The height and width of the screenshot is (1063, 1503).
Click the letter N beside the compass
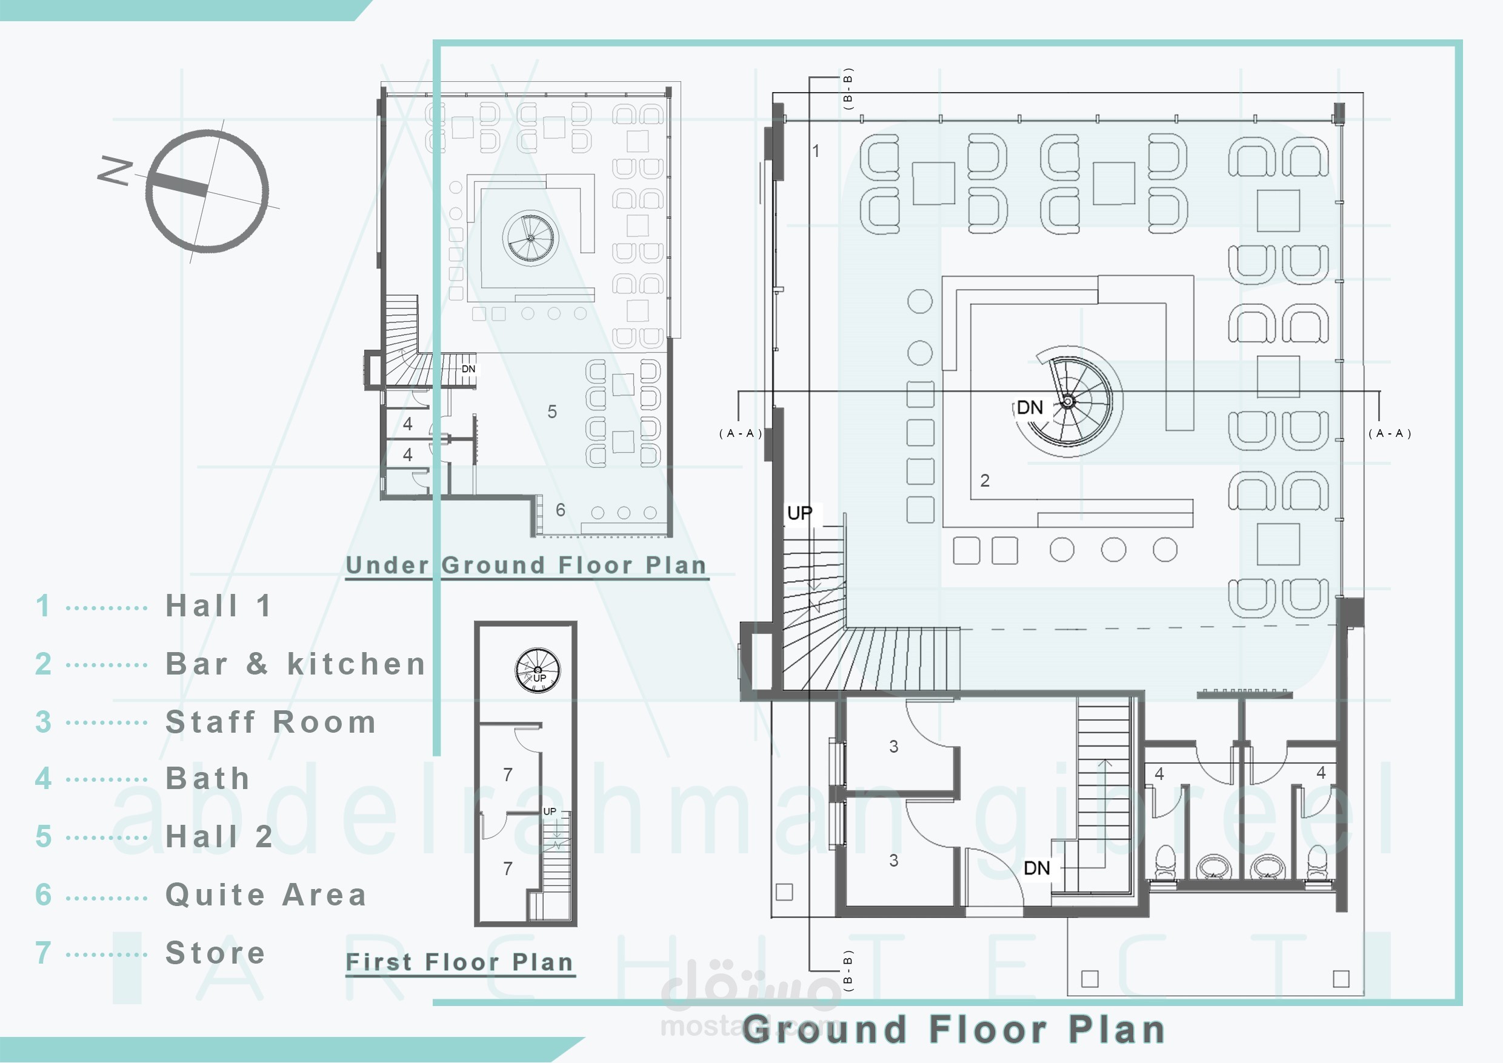point(115,170)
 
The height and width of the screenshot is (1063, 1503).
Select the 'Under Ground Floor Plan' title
point(526,565)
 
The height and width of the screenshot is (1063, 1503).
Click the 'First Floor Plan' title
point(459,962)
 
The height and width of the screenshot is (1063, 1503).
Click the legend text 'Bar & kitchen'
point(296,664)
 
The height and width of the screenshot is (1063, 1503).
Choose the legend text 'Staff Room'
point(271,722)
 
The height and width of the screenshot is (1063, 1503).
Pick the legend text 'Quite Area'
point(266,895)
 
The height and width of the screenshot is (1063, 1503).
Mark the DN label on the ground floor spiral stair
point(1030,407)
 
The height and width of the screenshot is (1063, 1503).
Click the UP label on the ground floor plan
point(800,513)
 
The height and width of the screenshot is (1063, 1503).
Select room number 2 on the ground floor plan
point(985,481)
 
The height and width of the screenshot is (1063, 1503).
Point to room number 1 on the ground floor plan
point(816,150)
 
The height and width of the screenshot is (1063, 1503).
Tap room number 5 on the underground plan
point(553,411)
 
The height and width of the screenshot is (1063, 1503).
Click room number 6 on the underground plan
point(561,509)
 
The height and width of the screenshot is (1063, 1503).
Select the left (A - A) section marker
point(741,433)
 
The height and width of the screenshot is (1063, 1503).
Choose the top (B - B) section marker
point(848,88)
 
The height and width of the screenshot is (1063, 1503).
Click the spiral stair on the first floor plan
point(538,670)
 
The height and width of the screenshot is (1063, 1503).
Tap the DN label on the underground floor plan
point(468,369)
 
